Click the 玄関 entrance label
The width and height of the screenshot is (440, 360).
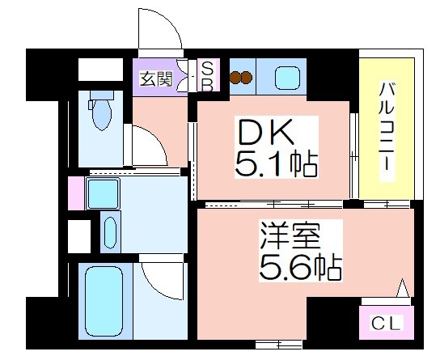[x=156, y=78]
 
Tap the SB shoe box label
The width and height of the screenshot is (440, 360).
[x=207, y=77]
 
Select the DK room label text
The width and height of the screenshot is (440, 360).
[x=265, y=132]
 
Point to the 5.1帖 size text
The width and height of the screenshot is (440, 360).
[x=276, y=164]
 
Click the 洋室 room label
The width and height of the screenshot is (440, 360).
[x=290, y=235]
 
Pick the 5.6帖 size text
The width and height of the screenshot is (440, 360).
[x=301, y=267]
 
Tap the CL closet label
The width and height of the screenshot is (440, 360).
[x=386, y=323]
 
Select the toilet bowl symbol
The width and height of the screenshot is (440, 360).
[x=101, y=111]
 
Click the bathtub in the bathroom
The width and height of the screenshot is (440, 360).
[x=104, y=301]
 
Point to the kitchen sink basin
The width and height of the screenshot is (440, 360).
[x=287, y=78]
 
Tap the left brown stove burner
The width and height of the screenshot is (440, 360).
[x=235, y=77]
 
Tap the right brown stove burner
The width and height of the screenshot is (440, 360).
[x=246, y=77]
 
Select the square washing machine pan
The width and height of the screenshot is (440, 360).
[x=103, y=193]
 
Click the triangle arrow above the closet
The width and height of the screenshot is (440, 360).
[x=403, y=288]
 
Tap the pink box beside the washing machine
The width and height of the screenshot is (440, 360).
[x=76, y=193]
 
